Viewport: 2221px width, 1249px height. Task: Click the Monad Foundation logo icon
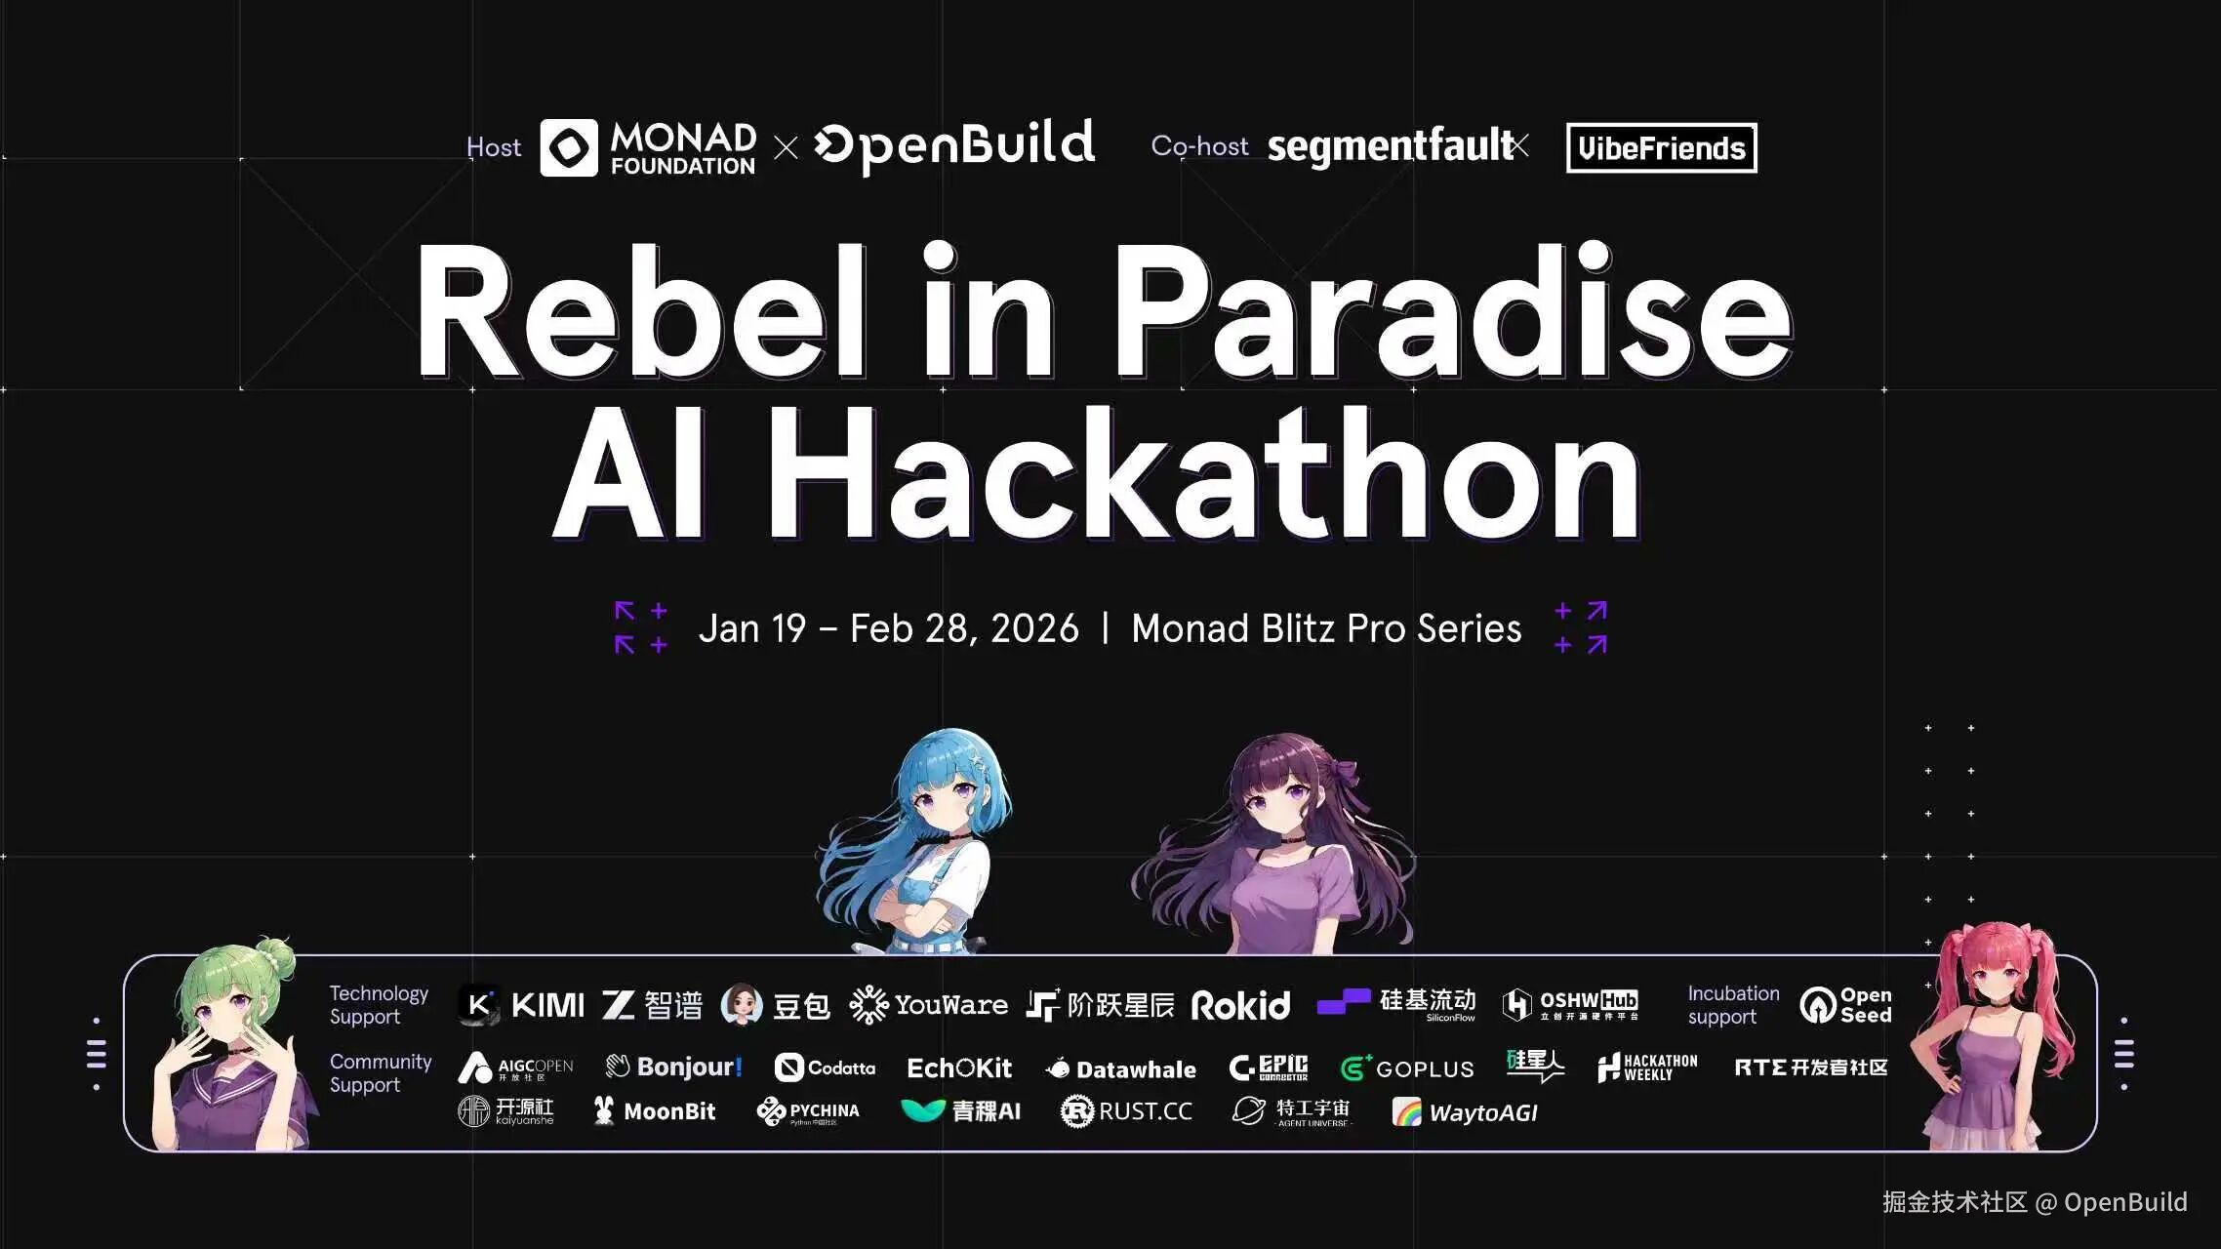coord(569,147)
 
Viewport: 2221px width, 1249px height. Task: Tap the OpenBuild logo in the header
coord(954,146)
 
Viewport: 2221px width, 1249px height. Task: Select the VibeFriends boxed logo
coord(1661,148)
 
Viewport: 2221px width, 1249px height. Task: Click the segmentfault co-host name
coord(1390,146)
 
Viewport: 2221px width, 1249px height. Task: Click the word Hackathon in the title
coord(1204,475)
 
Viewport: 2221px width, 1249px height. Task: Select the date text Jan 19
coord(752,628)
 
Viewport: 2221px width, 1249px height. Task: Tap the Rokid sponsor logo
coord(1240,1005)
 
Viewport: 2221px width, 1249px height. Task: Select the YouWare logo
coord(928,1005)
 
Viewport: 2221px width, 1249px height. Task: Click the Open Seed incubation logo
coord(1845,1005)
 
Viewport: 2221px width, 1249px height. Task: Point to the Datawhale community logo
coord(1121,1069)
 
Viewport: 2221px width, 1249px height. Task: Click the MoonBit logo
coord(655,1111)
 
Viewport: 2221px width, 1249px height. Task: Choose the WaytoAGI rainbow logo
coord(1465,1112)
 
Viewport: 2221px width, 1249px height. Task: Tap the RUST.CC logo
coord(1126,1111)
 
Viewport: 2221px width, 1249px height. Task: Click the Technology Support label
coord(379,1005)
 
